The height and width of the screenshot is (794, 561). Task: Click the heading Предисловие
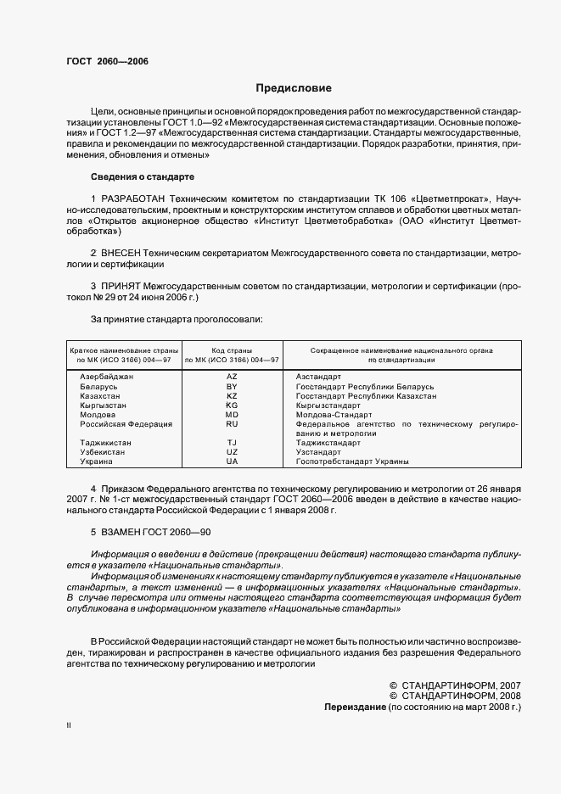click(294, 87)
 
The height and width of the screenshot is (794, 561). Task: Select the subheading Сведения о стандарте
click(143, 176)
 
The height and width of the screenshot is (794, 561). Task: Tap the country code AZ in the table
click(232, 376)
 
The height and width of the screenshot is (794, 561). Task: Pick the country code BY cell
click(232, 386)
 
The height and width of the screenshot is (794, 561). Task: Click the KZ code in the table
click(232, 396)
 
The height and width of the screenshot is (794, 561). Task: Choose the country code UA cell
click(232, 461)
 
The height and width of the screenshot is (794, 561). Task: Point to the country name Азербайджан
click(107, 376)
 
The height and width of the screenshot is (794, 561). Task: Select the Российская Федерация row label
click(126, 423)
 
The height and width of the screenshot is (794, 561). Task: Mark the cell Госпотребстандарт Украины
click(352, 461)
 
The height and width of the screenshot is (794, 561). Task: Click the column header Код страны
click(232, 349)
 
